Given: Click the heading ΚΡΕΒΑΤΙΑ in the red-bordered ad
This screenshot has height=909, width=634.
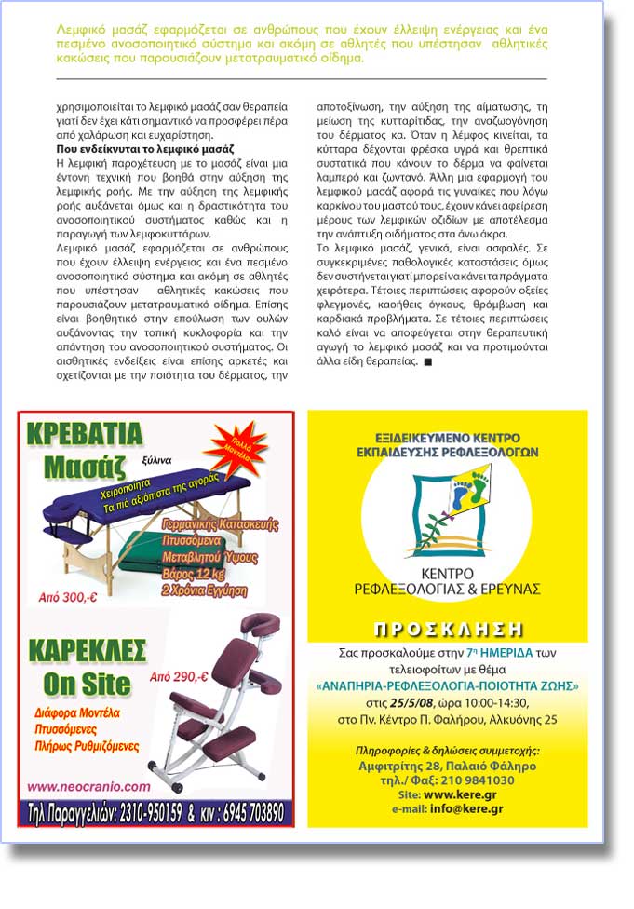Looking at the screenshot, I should (x=85, y=434).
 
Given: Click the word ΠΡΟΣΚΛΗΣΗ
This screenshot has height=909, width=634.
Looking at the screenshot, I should (x=446, y=628).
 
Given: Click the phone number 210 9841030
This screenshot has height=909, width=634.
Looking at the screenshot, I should (x=477, y=780).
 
